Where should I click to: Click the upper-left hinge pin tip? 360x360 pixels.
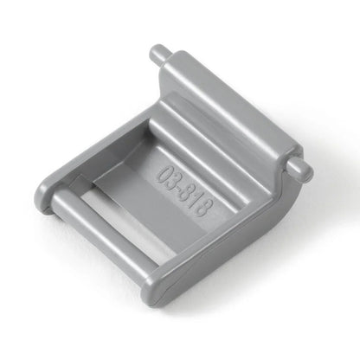157,54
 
